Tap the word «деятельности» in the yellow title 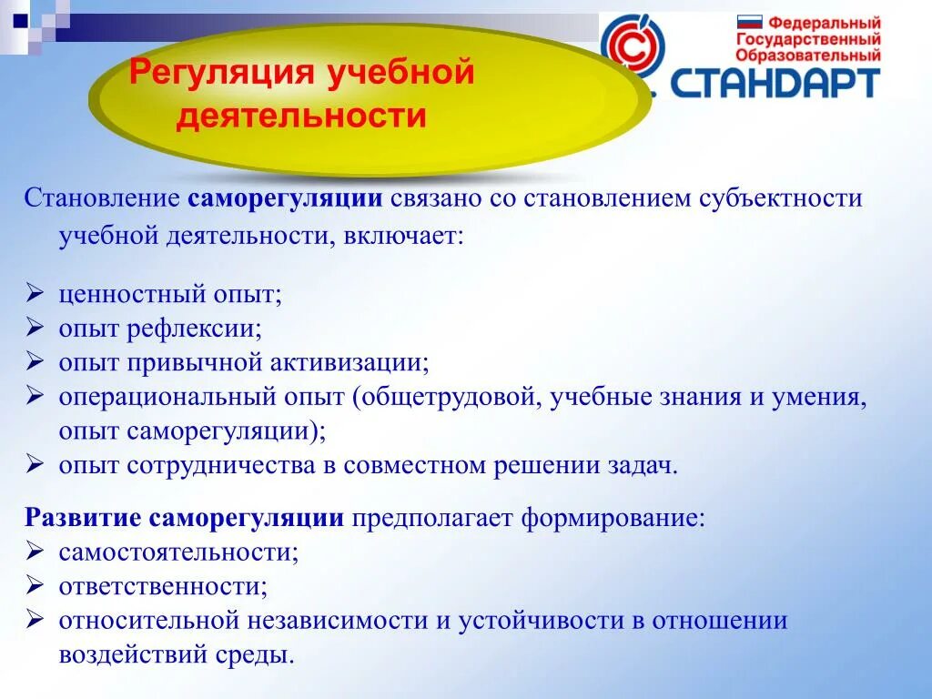[x=301, y=116]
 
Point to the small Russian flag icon [x=749, y=22]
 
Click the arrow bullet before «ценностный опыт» [x=35, y=294]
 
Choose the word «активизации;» [x=349, y=361]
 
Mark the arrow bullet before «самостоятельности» [x=35, y=552]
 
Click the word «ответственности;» [x=164, y=586]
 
